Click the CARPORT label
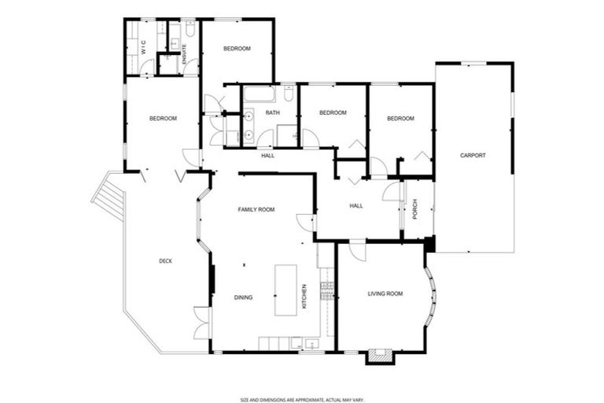[473, 155]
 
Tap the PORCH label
[414, 209]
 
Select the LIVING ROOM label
[385, 294]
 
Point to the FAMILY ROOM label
[256, 209]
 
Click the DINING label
[243, 297]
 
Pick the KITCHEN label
[304, 296]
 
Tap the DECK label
[165, 261]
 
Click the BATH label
[272, 113]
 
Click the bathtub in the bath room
[259, 95]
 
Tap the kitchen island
[285, 290]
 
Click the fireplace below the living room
[378, 357]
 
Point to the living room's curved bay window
[432, 298]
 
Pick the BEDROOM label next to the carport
[400, 118]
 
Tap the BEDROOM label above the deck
[163, 118]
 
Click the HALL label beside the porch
[356, 206]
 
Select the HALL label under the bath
[267, 155]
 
